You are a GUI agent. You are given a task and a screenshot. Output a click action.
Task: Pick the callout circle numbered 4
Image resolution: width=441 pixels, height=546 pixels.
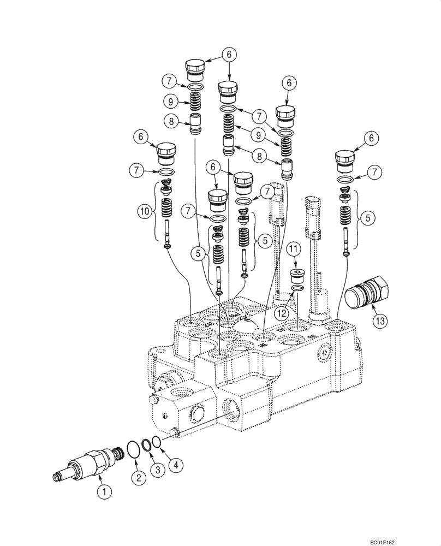(x=174, y=465)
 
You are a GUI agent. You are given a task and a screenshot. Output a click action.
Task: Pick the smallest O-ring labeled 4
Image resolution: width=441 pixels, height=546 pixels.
(x=156, y=441)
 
